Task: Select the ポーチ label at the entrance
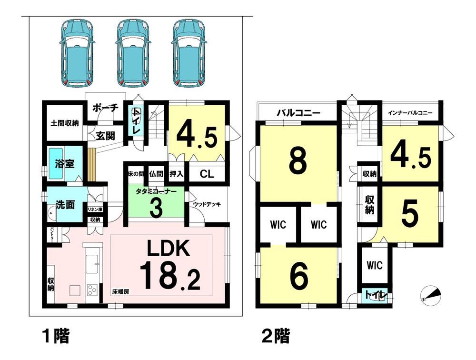click(105, 108)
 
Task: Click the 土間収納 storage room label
click(65, 123)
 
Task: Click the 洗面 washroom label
click(66, 205)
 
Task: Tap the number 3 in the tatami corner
click(156, 208)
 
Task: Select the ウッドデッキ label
click(207, 204)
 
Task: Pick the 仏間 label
click(156, 174)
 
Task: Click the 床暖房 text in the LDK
click(120, 292)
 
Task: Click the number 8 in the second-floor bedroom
click(298, 163)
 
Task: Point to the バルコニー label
click(298, 113)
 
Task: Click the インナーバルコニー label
click(410, 113)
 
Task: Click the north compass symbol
click(430, 295)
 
